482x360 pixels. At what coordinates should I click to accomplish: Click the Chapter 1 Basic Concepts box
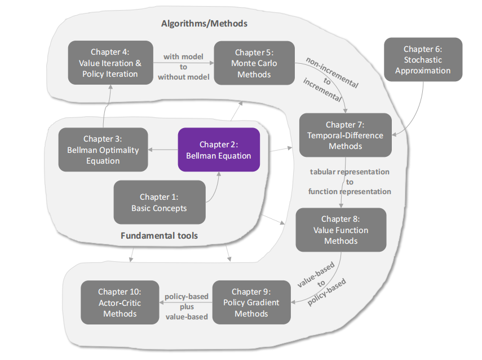tap(159, 203)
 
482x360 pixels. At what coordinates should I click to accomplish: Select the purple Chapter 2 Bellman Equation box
tap(219, 150)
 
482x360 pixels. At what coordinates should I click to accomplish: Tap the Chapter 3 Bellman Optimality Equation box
tap(103, 150)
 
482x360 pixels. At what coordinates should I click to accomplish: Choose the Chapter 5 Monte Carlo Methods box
tap(254, 63)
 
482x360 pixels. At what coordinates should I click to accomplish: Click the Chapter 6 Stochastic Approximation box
tap(423, 60)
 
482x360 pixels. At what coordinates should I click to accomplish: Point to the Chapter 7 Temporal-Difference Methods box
tap(345, 135)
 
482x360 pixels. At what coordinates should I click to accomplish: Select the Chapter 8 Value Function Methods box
tap(341, 230)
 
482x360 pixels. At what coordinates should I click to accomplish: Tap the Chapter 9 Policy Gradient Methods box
tap(251, 302)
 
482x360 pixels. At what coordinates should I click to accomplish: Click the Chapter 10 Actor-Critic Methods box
tap(120, 302)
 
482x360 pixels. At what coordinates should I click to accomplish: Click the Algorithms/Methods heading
tap(204, 24)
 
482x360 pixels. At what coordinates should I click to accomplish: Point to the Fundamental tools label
tap(160, 235)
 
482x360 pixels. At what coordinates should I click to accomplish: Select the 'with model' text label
tap(184, 56)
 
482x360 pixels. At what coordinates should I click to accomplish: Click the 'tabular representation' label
tap(350, 172)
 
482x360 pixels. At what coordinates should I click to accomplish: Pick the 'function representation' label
tap(350, 192)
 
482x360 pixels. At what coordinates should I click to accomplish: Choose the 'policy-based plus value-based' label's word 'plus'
tap(187, 306)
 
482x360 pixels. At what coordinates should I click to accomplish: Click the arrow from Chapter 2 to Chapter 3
tap(163, 150)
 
